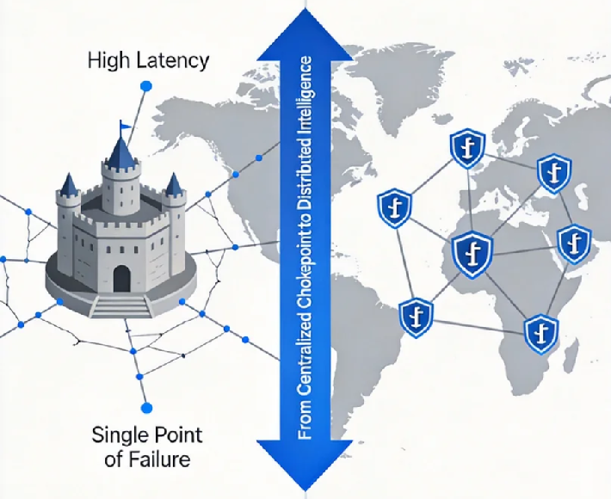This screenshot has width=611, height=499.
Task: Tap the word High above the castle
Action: (109, 62)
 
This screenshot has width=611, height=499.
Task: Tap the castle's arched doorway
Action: (121, 278)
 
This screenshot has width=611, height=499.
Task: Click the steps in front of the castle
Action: (120, 304)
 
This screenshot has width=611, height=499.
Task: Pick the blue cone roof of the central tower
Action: (120, 152)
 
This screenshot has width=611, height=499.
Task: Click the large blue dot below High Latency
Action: (145, 86)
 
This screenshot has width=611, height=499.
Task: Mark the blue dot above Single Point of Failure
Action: (145, 407)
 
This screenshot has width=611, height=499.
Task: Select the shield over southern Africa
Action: (540, 329)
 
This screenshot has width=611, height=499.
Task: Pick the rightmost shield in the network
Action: (573, 244)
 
